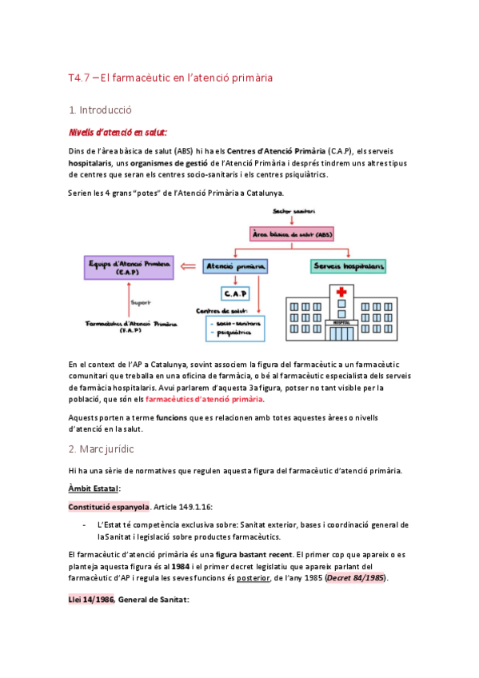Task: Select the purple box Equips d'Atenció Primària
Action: [x=129, y=267]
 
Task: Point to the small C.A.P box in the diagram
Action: [x=235, y=293]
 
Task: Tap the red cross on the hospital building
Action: [x=342, y=293]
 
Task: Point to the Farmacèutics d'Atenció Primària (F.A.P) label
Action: [x=130, y=326]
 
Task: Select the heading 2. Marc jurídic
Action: [x=101, y=449]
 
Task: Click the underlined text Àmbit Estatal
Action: [x=94, y=489]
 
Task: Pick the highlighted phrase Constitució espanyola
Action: [x=108, y=506]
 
